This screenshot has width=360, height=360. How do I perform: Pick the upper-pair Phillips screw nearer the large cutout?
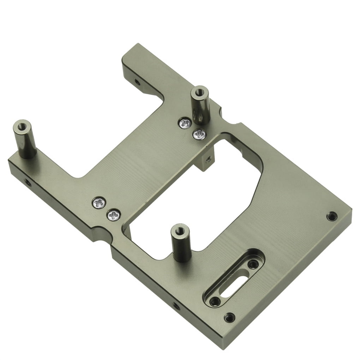199,134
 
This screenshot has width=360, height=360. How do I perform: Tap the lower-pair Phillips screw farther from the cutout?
99,203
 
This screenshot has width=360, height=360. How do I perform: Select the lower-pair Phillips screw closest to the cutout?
114,214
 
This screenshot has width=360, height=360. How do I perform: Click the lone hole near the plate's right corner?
331,216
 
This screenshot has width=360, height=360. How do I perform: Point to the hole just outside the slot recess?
229,317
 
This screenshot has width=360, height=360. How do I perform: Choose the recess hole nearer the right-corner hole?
252,264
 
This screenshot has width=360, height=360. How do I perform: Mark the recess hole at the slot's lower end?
214,301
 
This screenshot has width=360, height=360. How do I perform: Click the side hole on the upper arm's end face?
137,83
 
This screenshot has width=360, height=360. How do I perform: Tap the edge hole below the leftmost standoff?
26,182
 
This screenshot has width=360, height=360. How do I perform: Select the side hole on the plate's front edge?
175,306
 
